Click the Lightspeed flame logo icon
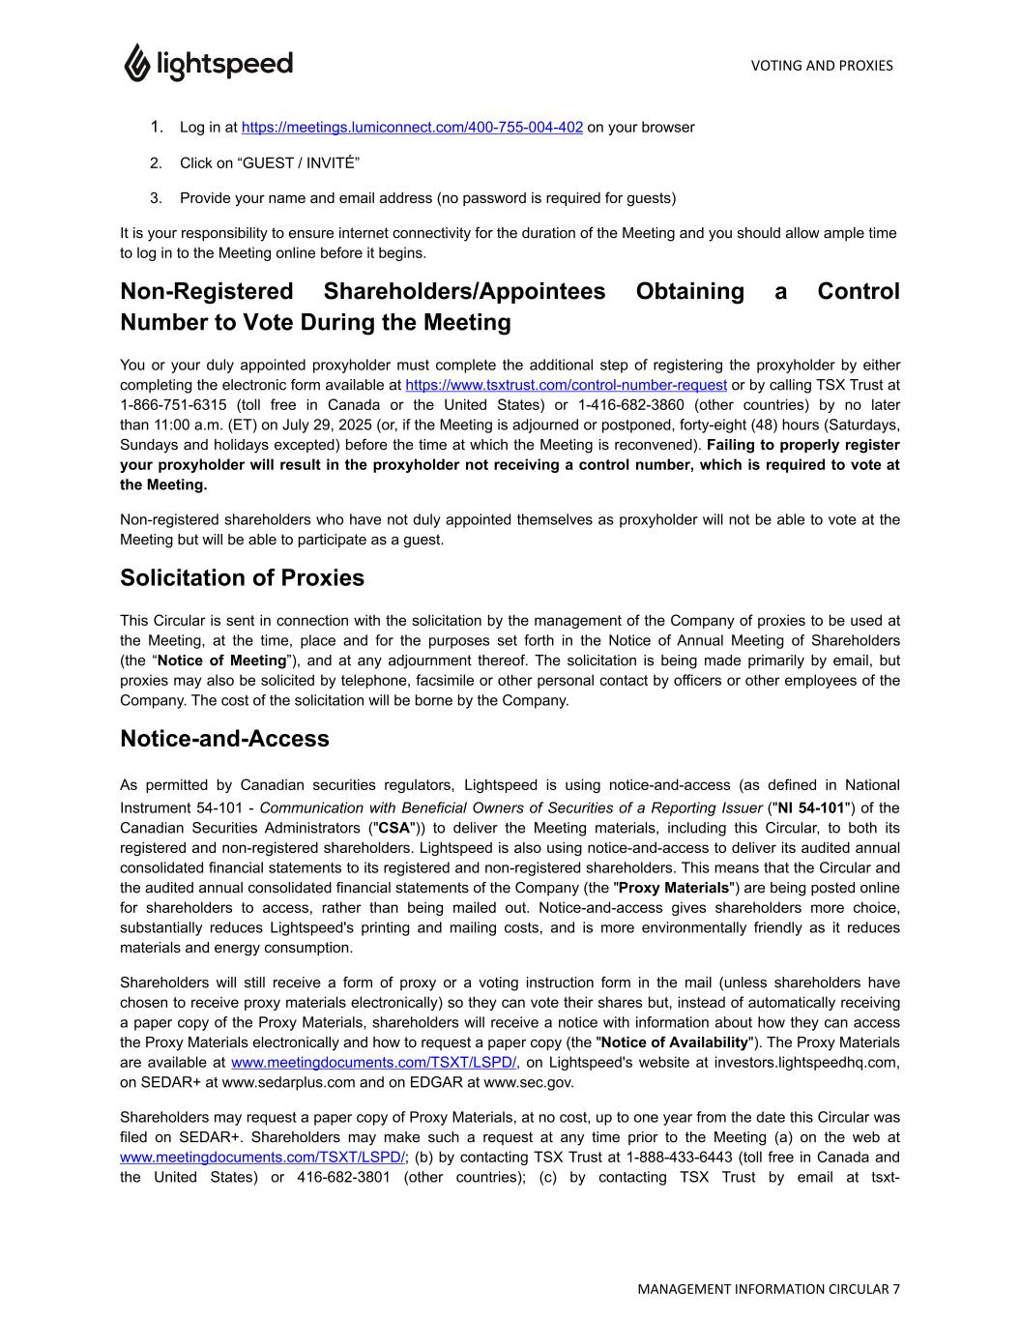click(x=136, y=63)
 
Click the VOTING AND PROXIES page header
click(x=821, y=66)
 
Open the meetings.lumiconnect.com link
click(x=412, y=128)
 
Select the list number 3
click(x=156, y=198)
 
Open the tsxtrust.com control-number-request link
click(x=566, y=385)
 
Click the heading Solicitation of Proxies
click(x=242, y=578)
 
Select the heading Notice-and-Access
click(x=224, y=739)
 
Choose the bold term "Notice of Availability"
click(x=674, y=1042)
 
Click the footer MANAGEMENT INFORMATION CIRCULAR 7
click(x=768, y=1289)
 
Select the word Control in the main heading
click(x=858, y=292)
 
